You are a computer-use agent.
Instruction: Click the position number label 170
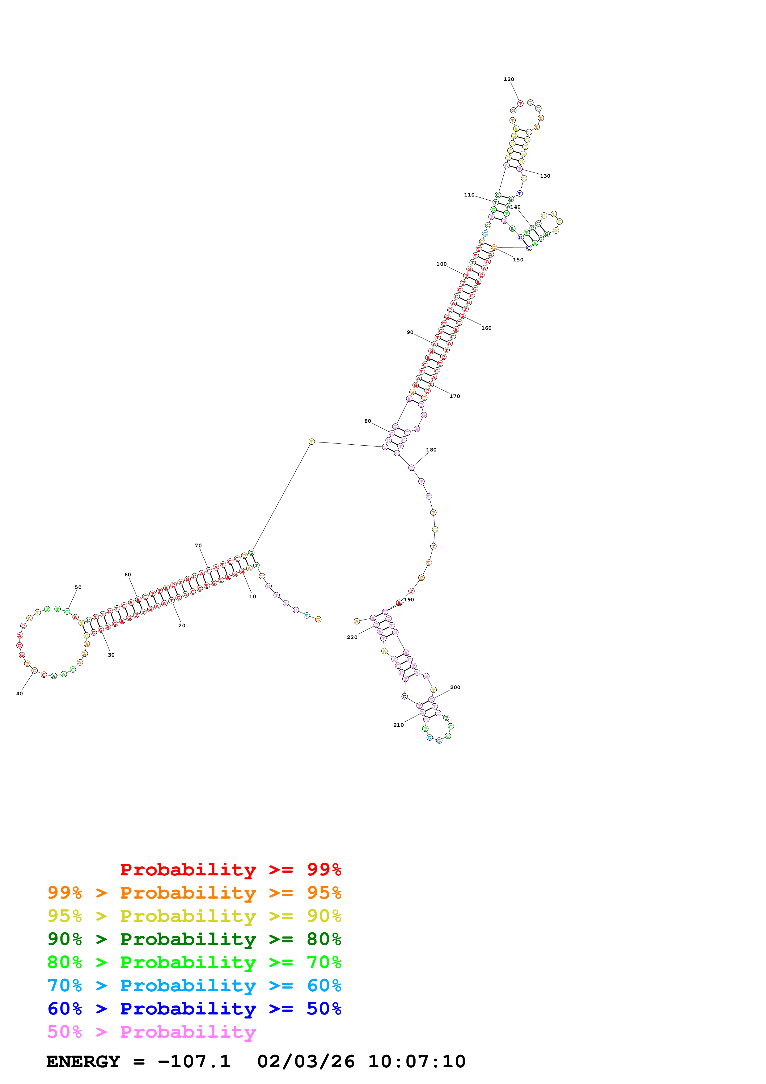tap(455, 396)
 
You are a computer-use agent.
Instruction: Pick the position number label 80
tap(368, 421)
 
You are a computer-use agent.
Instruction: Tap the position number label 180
tap(431, 450)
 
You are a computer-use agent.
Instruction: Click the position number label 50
tap(78, 587)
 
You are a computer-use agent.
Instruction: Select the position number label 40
tap(19, 693)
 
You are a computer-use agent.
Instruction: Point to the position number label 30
tap(111, 655)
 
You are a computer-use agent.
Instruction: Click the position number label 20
tap(182, 625)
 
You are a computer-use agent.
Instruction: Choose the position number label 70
tap(198, 545)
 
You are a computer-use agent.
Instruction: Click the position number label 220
tap(352, 637)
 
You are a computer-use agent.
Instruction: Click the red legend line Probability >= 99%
tap(230, 870)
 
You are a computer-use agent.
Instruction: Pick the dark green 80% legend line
tap(194, 939)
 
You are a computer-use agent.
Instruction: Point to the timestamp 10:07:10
tap(417, 1061)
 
